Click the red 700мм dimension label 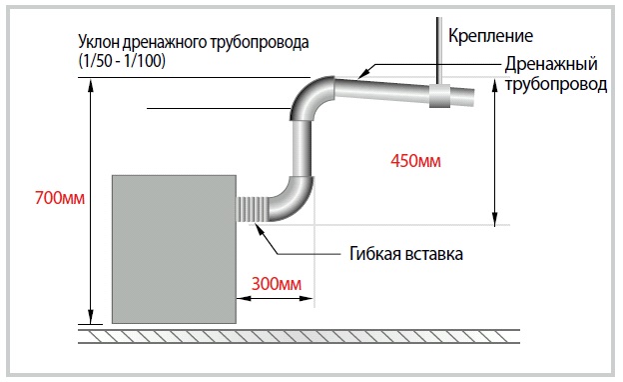coord(55,198)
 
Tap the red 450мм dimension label coord(412,159)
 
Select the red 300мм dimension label coord(276,284)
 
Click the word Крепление coord(491,37)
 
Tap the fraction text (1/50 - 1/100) coord(121,61)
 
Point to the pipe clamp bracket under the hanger coord(439,97)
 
